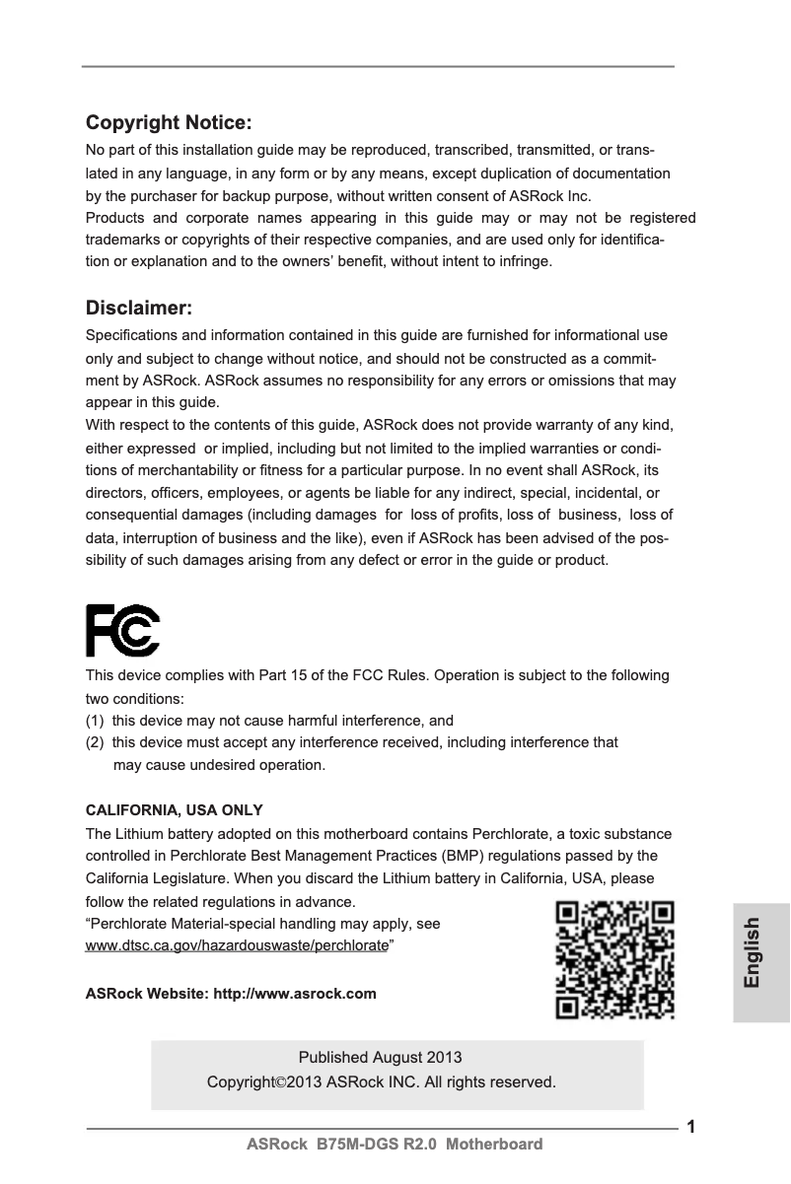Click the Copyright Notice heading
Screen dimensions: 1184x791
click(x=170, y=123)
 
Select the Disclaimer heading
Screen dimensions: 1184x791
click(x=139, y=309)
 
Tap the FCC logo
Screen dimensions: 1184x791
click(x=122, y=631)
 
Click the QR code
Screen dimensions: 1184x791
click(x=615, y=959)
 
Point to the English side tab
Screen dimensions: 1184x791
click(x=752, y=952)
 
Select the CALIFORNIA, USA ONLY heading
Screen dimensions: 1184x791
click(x=175, y=810)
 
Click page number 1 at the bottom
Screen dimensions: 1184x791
click(x=691, y=1127)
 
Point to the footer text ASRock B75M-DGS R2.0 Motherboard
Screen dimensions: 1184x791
click(x=395, y=1145)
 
